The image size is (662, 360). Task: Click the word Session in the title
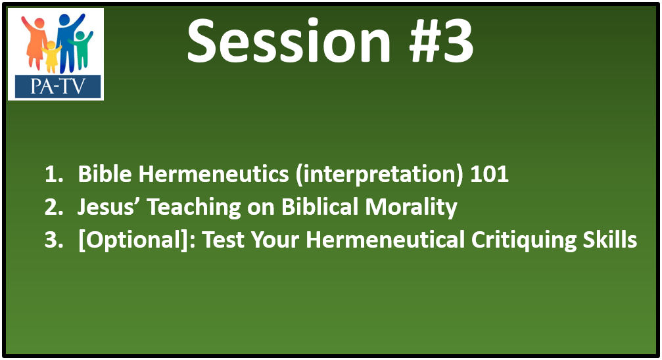click(289, 41)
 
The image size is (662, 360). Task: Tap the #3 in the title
click(441, 41)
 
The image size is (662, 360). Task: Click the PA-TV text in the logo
click(58, 87)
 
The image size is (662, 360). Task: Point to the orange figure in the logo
click(35, 42)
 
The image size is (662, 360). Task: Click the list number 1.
click(54, 174)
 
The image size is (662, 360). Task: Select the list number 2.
click(54, 207)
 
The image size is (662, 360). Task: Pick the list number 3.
click(54, 240)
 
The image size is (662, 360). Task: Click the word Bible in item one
click(105, 173)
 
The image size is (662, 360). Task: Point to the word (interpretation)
click(379, 175)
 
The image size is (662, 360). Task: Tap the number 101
click(489, 174)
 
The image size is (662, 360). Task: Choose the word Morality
click(412, 208)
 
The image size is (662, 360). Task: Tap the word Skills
click(610, 239)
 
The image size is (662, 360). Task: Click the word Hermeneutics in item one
click(214, 173)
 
